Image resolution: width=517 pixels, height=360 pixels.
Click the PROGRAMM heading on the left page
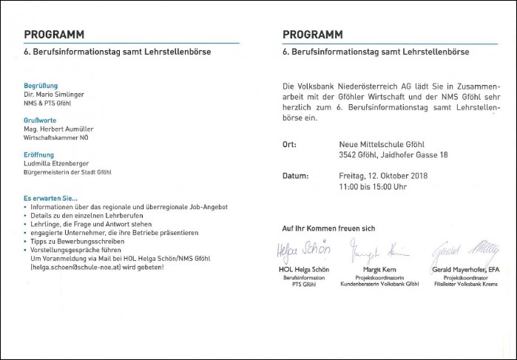click(x=54, y=34)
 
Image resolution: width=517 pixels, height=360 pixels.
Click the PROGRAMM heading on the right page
click(x=312, y=34)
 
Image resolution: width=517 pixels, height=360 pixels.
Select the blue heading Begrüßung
click(x=41, y=86)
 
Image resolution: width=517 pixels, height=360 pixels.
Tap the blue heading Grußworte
click(x=41, y=120)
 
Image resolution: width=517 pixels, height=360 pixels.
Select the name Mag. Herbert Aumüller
click(x=58, y=129)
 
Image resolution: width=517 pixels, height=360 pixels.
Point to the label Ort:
click(x=289, y=146)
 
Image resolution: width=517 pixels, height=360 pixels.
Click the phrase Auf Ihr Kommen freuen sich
click(x=329, y=228)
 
